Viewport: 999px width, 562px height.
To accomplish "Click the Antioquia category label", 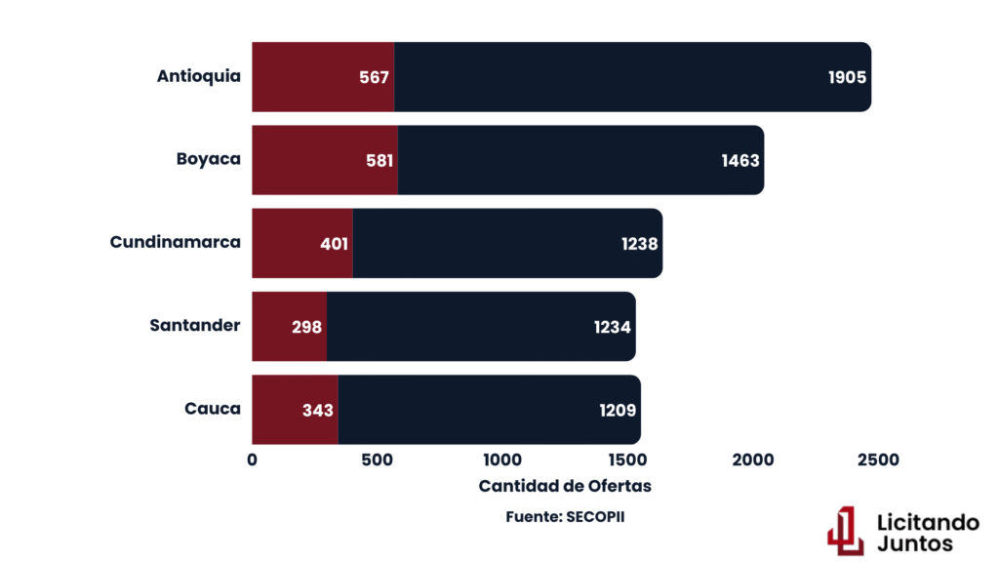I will pyautogui.click(x=198, y=77).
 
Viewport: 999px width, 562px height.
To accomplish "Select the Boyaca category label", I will pyautogui.click(x=209, y=159).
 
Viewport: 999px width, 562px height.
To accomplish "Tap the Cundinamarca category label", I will pyautogui.click(x=176, y=242).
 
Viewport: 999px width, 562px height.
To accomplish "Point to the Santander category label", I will pyautogui.click(x=195, y=325).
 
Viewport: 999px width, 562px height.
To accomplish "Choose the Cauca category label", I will pyautogui.click(x=213, y=409).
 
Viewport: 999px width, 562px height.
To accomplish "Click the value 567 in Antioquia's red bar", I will pyautogui.click(x=374, y=77).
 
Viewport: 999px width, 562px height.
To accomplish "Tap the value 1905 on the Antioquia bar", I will pyautogui.click(x=847, y=77).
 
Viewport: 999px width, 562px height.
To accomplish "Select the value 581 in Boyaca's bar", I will pyautogui.click(x=378, y=160).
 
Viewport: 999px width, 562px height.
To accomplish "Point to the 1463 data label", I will pyautogui.click(x=740, y=160).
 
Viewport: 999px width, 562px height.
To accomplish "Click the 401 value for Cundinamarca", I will pyautogui.click(x=334, y=243).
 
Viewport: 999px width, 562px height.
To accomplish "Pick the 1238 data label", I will pyautogui.click(x=640, y=243).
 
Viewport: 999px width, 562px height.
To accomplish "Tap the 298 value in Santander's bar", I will pyautogui.click(x=306, y=327).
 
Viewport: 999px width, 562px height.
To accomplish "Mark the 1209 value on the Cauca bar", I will pyautogui.click(x=618, y=410).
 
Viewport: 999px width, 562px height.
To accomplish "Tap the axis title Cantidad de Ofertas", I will pyautogui.click(x=565, y=486).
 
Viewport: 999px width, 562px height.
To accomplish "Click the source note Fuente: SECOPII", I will pyautogui.click(x=565, y=516).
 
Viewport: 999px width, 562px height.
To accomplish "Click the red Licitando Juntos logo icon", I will pyautogui.click(x=845, y=530).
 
